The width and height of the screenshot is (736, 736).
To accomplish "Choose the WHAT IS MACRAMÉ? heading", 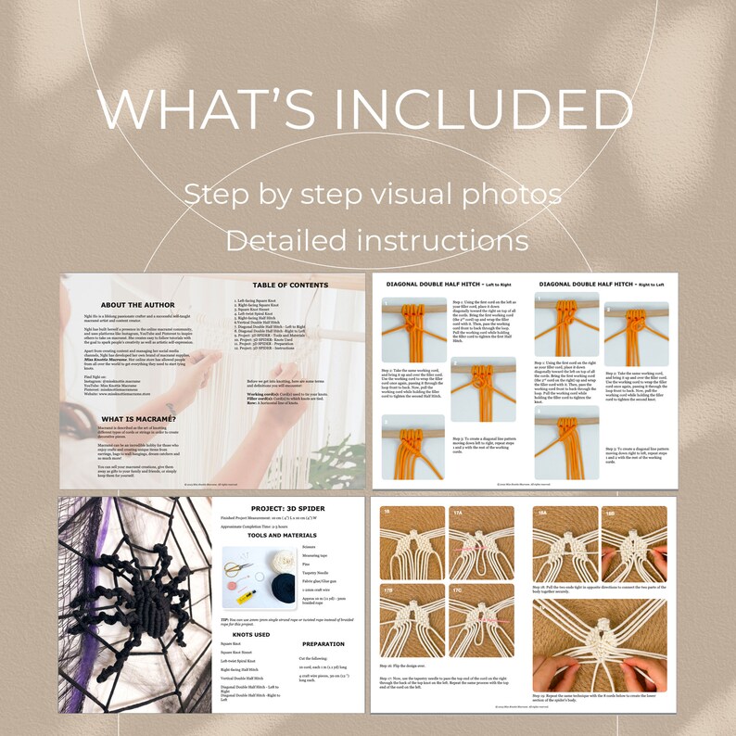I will pyautogui.click(x=140, y=418).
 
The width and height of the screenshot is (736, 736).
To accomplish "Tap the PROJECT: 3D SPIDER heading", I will pyautogui.click(x=286, y=508).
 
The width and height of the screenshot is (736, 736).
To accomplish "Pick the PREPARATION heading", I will pyautogui.click(x=324, y=643).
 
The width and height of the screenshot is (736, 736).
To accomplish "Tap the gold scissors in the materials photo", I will pyautogui.click(x=237, y=562).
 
